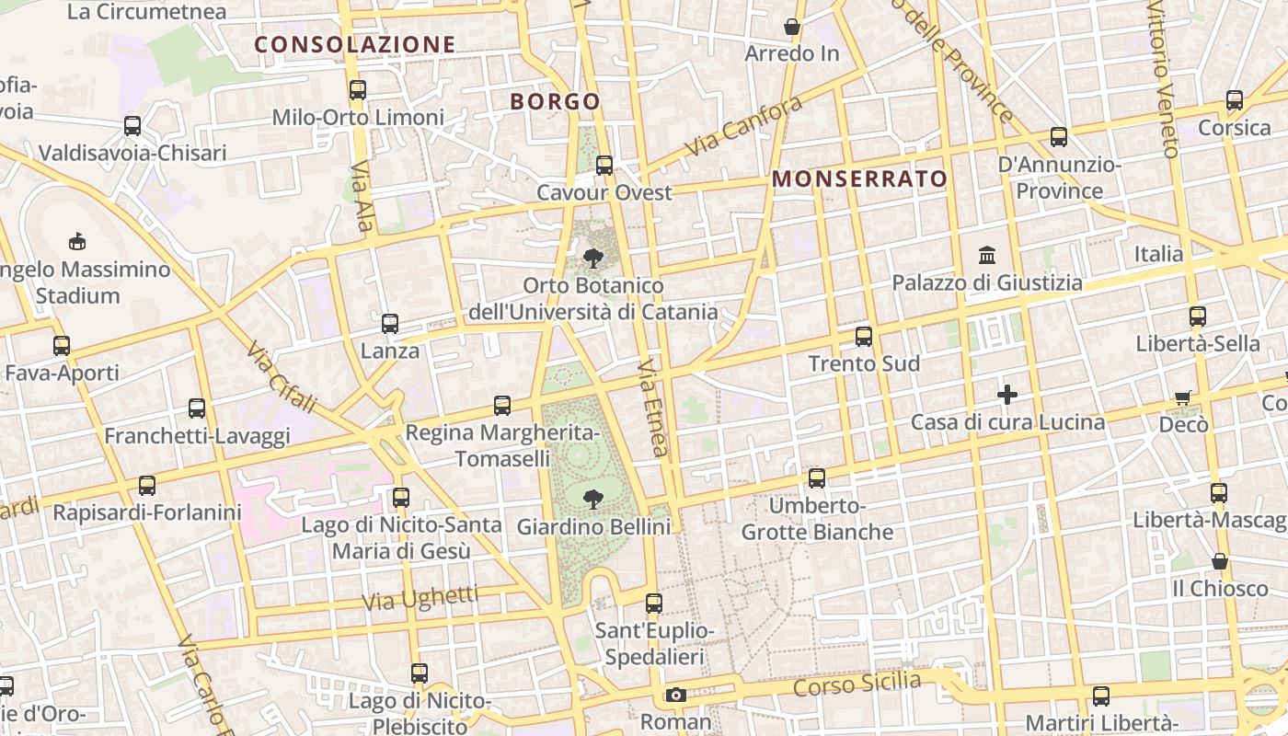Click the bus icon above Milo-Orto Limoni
(358, 90)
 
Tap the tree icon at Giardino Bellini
(593, 500)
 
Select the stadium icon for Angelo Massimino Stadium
(77, 242)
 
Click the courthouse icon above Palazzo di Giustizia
(987, 255)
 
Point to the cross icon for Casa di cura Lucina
(1007, 395)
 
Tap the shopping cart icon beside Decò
(1183, 397)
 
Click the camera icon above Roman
(676, 695)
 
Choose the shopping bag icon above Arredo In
(791, 27)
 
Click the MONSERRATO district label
(859, 178)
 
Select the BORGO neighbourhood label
(555, 101)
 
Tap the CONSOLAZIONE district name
(355, 44)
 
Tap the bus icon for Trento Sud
(864, 337)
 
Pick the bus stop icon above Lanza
(390, 324)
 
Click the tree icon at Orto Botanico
(593, 259)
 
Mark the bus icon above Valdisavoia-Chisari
(132, 126)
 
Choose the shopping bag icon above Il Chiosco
(1220, 561)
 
